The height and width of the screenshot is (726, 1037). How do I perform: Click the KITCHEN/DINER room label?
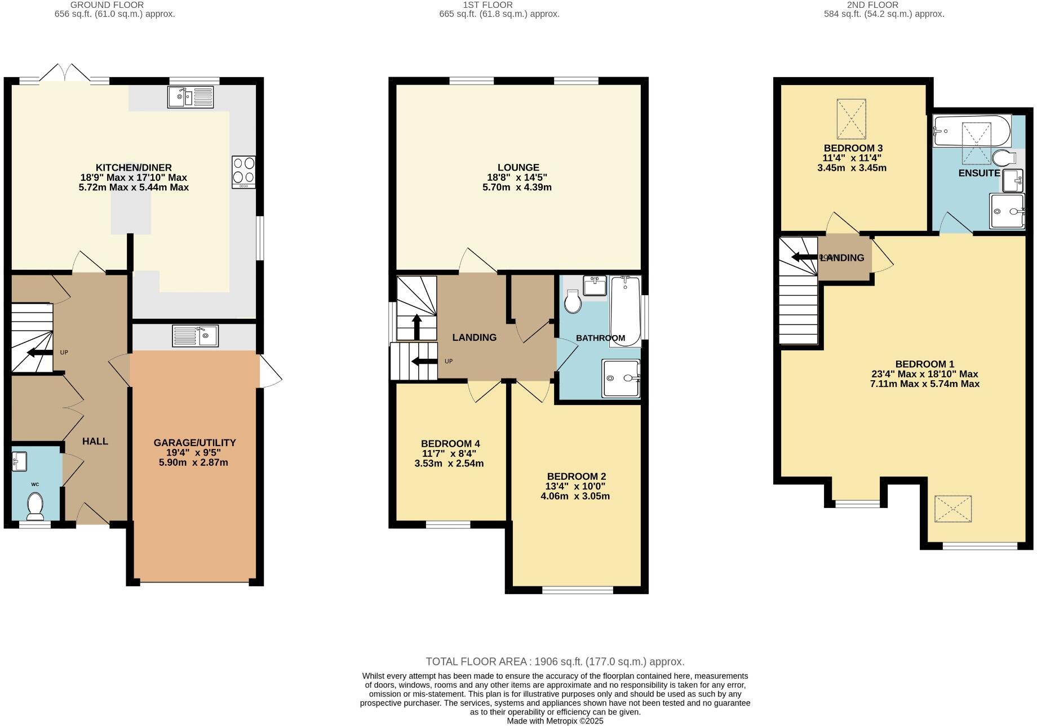pyautogui.click(x=134, y=167)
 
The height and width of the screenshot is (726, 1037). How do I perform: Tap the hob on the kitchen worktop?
pyautogui.click(x=243, y=172)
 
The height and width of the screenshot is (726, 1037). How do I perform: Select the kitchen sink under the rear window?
pyautogui.click(x=190, y=97)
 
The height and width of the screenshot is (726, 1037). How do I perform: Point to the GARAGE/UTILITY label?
pyautogui.click(x=194, y=443)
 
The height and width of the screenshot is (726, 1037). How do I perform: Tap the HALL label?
pyautogui.click(x=95, y=441)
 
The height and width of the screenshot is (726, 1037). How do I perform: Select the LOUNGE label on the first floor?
pyautogui.click(x=518, y=167)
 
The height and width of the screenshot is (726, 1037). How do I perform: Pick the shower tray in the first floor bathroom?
pyautogui.click(x=621, y=378)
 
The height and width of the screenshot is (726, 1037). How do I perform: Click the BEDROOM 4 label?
pyautogui.click(x=450, y=443)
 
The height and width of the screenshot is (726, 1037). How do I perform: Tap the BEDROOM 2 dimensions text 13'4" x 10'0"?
pyautogui.click(x=575, y=486)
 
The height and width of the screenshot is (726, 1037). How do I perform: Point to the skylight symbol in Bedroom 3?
pyautogui.click(x=851, y=119)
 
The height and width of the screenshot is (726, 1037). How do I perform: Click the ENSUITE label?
pyautogui.click(x=979, y=173)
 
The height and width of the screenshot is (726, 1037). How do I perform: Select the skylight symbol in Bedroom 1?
pyautogui.click(x=952, y=509)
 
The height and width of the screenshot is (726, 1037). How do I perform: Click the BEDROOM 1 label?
pyautogui.click(x=924, y=364)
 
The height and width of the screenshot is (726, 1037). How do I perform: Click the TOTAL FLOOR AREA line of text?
pyautogui.click(x=555, y=662)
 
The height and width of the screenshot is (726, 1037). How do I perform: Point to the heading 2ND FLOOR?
pyautogui.click(x=883, y=5)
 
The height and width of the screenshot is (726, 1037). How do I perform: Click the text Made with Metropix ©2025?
pyautogui.click(x=555, y=721)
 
